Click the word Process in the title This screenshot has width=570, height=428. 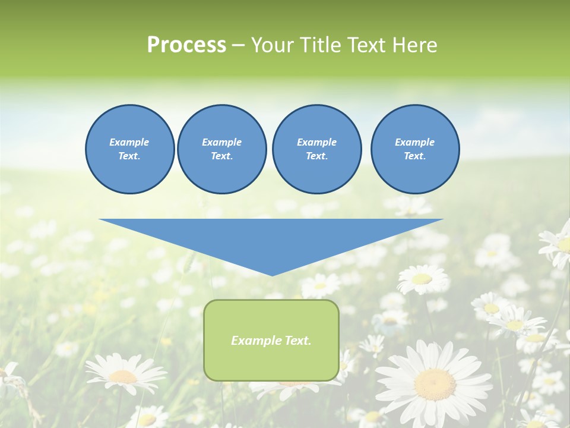tap(186, 45)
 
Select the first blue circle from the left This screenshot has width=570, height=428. tap(129, 149)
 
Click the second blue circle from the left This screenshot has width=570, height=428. tap(221, 149)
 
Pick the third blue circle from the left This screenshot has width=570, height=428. tap(316, 149)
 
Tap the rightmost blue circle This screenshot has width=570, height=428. tap(414, 149)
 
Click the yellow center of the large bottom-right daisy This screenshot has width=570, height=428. tap(435, 384)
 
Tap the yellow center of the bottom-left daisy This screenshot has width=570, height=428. tap(123, 376)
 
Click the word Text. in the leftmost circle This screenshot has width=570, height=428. tap(129, 156)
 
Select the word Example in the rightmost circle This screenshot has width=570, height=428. tap(414, 142)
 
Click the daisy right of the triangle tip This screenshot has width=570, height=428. tap(422, 278)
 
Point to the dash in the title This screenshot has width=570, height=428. tap(237, 45)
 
